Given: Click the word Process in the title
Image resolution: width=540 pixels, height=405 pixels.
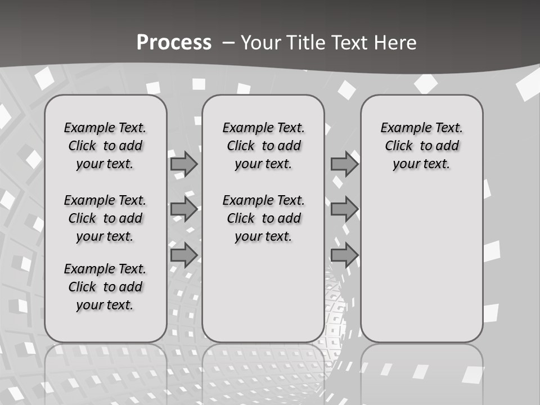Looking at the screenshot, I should (x=174, y=42).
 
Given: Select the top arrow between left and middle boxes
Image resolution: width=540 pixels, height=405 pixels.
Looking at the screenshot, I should (x=184, y=164).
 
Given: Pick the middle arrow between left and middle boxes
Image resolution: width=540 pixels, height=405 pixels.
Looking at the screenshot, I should (x=184, y=209).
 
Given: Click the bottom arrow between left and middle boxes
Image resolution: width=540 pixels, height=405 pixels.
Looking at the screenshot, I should (x=184, y=255).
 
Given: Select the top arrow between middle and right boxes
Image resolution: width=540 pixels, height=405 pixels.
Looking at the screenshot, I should (x=344, y=164).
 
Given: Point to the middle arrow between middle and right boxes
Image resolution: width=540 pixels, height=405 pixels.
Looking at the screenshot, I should (x=344, y=209).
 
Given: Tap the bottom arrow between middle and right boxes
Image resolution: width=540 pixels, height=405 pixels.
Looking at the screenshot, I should (x=344, y=255).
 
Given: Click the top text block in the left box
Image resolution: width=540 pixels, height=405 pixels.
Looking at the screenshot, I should (x=105, y=146).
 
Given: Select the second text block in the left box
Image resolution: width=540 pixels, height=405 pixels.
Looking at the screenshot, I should (x=105, y=218).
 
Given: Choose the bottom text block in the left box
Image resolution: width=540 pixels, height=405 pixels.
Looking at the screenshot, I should (x=105, y=287).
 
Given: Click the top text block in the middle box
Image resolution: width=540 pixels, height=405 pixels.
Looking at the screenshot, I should (x=263, y=146).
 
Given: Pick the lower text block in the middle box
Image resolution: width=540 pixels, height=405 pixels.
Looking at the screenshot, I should (x=263, y=218).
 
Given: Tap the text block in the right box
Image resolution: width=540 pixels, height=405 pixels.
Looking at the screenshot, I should (x=421, y=146).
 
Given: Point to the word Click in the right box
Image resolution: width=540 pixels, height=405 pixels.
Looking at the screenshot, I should (x=399, y=146).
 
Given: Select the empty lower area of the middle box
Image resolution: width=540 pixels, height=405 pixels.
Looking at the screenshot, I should (x=263, y=292).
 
